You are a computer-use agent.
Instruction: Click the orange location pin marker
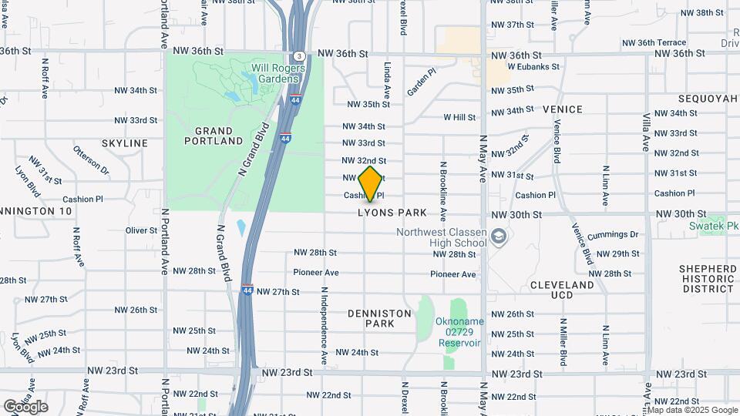[371, 183]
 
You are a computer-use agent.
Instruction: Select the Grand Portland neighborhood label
[214, 136]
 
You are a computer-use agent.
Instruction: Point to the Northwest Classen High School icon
[499, 236]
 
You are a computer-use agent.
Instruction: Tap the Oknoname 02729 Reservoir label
[460, 336]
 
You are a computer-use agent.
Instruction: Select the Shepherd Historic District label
[708, 278]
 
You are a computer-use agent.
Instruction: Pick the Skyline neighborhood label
[124, 143]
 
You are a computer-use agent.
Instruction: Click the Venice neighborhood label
[562, 109]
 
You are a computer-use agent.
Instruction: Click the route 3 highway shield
[298, 55]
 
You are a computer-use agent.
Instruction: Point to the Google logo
[25, 406]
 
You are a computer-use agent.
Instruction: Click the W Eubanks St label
[533, 67]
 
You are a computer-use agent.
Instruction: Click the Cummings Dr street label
[613, 235]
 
